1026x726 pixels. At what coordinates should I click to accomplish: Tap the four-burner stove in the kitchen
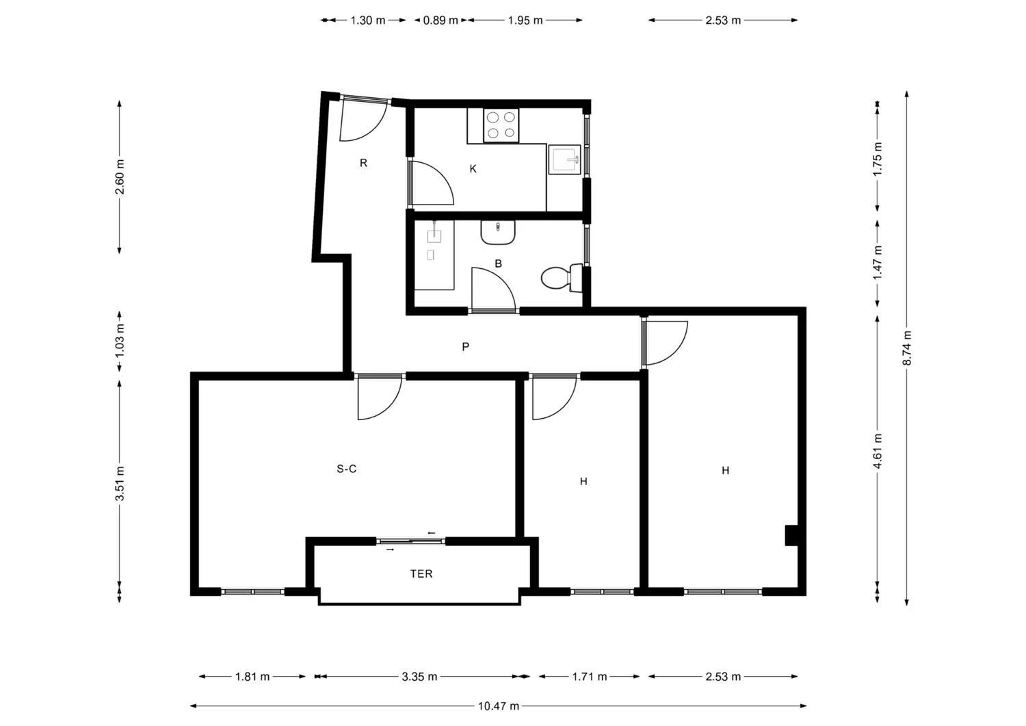click(x=501, y=125)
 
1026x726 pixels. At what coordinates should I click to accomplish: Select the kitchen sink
click(x=565, y=160)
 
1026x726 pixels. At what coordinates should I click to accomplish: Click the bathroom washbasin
click(x=498, y=233)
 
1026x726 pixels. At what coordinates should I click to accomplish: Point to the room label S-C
click(x=346, y=469)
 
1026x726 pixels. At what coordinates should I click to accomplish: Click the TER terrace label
click(x=421, y=574)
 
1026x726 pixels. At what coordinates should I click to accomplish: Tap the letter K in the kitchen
click(x=473, y=168)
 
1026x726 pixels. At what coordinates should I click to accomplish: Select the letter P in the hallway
click(x=465, y=347)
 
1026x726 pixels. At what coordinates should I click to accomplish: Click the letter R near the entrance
click(x=364, y=163)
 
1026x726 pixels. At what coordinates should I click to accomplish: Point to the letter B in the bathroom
click(x=499, y=263)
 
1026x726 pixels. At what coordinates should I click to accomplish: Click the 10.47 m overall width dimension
click(x=499, y=706)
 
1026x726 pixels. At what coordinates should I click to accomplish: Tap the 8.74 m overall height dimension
click(x=907, y=348)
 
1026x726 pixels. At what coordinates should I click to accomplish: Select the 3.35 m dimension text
click(x=419, y=677)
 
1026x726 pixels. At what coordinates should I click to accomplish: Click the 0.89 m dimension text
click(x=440, y=20)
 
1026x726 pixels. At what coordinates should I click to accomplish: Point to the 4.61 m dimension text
click(x=878, y=451)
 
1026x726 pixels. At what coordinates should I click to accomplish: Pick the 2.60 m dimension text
click(x=120, y=177)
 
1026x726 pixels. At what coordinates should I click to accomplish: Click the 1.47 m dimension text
click(x=878, y=263)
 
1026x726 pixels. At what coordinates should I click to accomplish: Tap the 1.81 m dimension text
click(x=252, y=677)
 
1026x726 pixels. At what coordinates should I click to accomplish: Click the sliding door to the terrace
click(x=411, y=541)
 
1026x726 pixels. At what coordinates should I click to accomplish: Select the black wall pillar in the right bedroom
click(x=791, y=535)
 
